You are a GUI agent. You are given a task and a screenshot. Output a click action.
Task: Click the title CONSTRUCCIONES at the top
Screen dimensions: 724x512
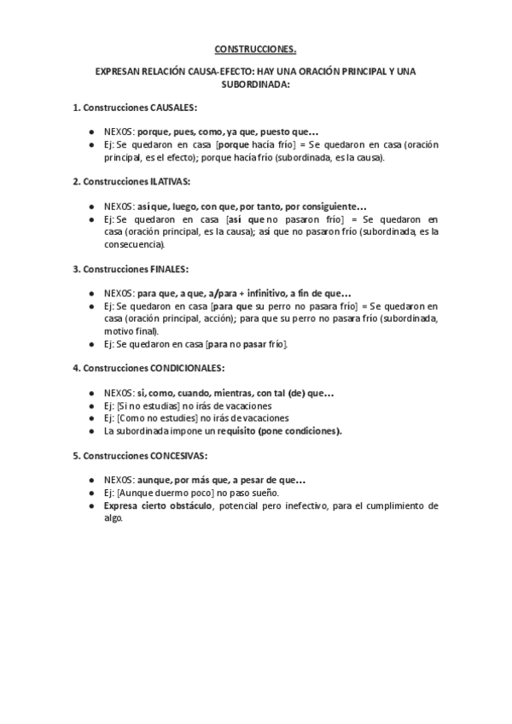coord(255,50)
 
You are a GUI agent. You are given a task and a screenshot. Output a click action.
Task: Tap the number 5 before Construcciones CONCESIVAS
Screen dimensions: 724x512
coord(75,455)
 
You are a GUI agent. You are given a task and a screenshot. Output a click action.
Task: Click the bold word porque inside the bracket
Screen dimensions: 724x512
coord(235,145)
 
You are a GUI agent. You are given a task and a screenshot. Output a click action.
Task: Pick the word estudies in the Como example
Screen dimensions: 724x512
coord(181,418)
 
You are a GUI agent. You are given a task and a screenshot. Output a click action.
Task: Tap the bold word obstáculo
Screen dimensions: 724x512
coord(183,505)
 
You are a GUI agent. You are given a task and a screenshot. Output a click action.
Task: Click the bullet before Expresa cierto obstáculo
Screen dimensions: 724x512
coord(92,505)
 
